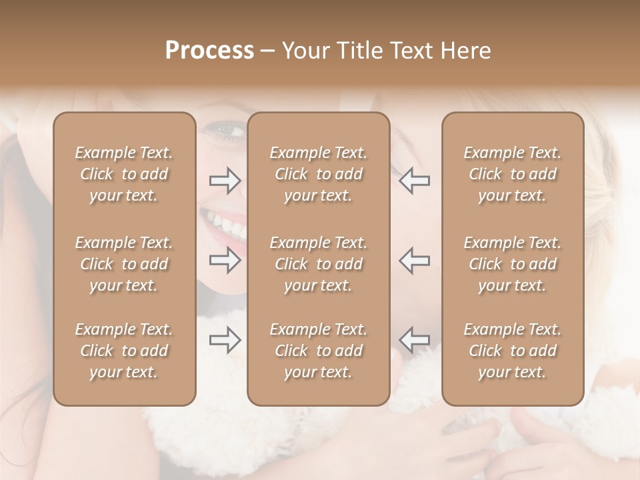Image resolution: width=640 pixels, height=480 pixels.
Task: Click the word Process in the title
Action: (209, 51)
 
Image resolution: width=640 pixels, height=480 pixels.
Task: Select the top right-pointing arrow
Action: (225, 180)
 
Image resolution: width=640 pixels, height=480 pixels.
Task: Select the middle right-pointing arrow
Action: (225, 260)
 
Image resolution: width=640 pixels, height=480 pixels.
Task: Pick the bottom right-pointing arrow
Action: (225, 341)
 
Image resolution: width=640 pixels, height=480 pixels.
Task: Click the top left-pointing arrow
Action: (415, 180)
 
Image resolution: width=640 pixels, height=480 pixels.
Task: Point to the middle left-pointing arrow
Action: (415, 260)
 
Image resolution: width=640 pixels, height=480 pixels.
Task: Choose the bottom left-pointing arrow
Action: (415, 341)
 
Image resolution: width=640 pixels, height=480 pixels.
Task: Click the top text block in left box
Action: (124, 174)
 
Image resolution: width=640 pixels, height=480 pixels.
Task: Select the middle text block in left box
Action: (124, 264)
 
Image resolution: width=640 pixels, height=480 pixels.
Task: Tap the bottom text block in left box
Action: (124, 351)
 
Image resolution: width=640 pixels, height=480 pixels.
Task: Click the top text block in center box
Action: (318, 174)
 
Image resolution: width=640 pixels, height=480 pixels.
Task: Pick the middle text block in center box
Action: (318, 264)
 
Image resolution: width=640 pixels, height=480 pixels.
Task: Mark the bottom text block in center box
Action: (318, 351)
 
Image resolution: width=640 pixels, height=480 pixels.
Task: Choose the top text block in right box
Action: (512, 174)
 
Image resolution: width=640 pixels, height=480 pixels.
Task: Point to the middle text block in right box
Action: (512, 264)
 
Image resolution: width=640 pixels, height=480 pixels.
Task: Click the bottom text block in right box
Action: (512, 351)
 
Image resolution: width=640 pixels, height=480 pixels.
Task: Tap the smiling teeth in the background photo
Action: (223, 223)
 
